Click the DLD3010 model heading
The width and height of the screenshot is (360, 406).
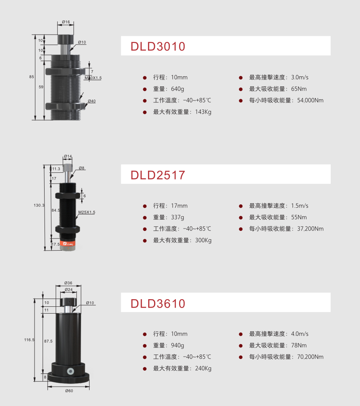[x=158, y=47]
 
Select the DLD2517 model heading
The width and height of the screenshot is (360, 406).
[x=158, y=175]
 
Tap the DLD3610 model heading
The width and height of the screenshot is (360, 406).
[x=158, y=304]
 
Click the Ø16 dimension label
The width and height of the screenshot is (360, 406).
[x=66, y=22]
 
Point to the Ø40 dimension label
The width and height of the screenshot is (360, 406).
[x=92, y=101]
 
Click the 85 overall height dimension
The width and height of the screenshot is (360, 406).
[x=32, y=77]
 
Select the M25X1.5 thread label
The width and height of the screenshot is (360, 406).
[x=87, y=212]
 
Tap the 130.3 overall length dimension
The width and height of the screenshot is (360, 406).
[x=39, y=205]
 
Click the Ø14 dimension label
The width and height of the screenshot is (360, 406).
[x=68, y=156]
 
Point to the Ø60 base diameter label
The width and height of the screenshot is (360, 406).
[x=69, y=391]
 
